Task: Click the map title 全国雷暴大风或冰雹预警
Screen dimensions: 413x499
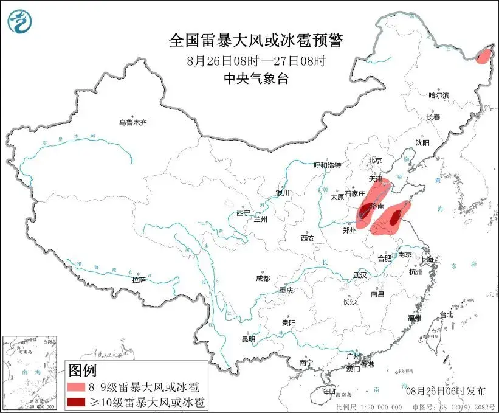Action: [256, 41]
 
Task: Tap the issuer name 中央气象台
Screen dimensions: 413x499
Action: [256, 78]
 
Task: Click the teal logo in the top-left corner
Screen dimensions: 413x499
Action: [19, 21]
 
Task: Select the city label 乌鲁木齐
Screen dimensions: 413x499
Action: [132, 123]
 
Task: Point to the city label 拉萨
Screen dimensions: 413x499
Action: [139, 280]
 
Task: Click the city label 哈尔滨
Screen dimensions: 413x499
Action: [438, 95]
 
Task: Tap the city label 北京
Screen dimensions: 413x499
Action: [374, 161]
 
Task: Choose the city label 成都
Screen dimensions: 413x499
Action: [263, 279]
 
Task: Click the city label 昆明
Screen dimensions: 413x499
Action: [249, 339]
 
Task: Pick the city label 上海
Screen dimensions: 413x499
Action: [427, 259]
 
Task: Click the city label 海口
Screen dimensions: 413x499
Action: [329, 390]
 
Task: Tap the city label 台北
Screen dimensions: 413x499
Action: [446, 315]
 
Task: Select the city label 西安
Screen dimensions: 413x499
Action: [308, 238]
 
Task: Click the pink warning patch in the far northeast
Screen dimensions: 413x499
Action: [484, 57]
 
